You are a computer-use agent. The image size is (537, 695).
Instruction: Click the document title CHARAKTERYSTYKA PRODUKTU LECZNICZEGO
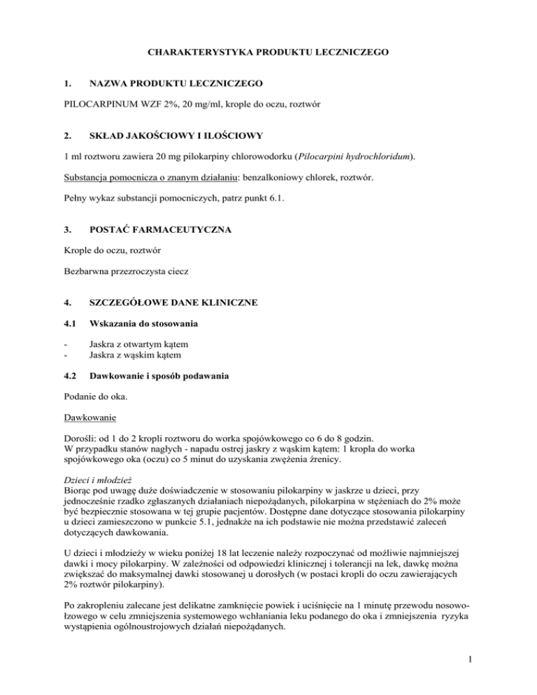[x=268, y=52]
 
